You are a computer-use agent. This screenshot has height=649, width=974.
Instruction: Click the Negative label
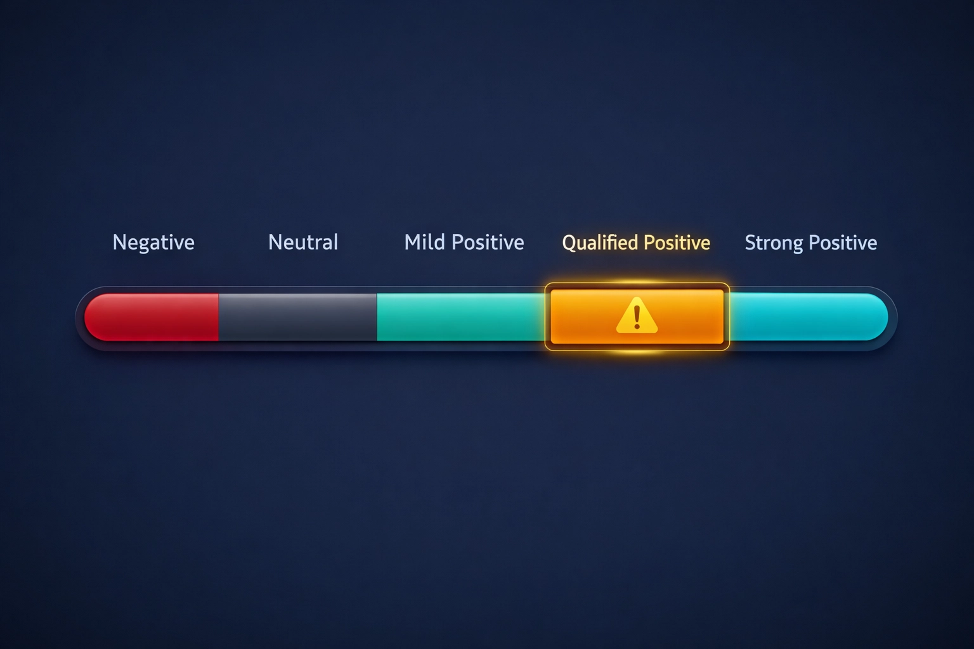[153, 242]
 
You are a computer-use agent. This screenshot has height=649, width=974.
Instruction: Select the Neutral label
[303, 242]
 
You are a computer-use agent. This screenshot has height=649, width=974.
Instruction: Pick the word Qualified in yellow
[600, 243]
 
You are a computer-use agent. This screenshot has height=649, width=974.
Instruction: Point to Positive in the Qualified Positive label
[677, 243]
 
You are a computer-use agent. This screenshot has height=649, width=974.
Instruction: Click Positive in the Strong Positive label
[843, 243]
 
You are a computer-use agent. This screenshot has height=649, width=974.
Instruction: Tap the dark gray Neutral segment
[298, 317]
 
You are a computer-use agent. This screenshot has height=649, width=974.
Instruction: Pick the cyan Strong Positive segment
[805, 317]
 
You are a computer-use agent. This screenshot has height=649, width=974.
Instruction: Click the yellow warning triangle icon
[637, 316]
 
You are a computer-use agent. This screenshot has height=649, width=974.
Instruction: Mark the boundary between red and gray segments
[219, 317]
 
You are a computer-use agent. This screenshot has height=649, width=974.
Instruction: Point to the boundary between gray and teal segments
[377, 317]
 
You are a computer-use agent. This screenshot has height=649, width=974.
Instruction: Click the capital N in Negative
[118, 242]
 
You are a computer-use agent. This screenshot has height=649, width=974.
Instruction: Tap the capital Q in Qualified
[568, 243]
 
